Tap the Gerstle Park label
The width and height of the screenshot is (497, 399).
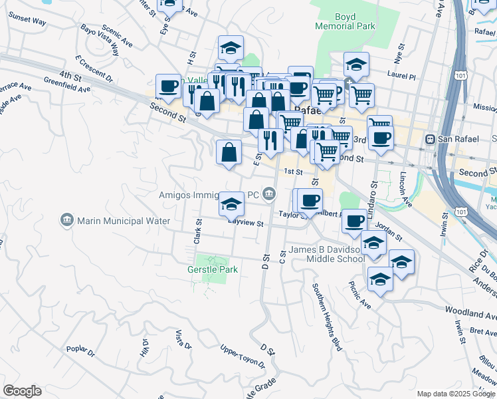click(x=212, y=269)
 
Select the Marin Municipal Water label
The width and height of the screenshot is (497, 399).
click(x=124, y=221)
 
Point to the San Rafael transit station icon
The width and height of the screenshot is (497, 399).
click(x=431, y=139)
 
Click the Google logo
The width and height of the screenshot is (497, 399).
click(x=22, y=391)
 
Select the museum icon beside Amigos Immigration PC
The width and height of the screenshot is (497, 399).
click(x=269, y=195)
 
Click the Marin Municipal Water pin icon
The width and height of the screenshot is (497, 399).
click(x=66, y=220)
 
